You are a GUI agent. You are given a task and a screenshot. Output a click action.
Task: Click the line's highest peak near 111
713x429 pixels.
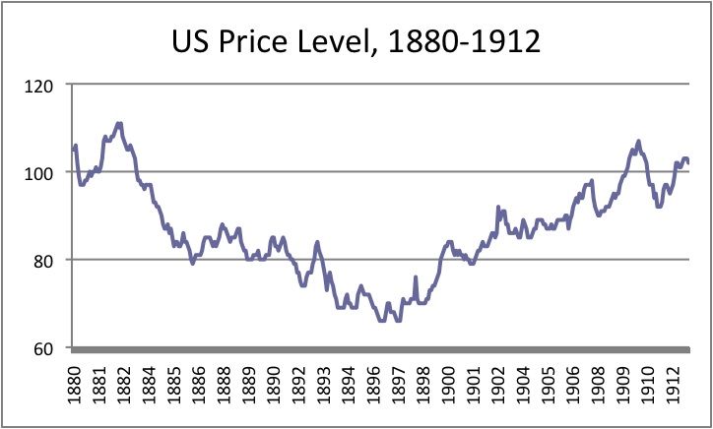pos(119,123)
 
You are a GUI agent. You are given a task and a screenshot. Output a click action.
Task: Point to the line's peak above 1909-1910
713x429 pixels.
pos(638,142)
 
